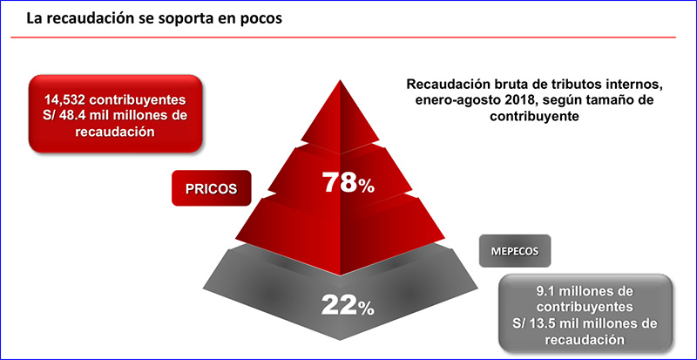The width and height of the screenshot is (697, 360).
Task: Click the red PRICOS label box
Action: point(212,187)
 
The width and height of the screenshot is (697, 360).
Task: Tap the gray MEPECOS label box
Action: point(515,251)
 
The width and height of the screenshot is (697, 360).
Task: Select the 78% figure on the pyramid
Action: point(348,183)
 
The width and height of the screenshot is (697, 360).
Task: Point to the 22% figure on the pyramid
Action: point(348,305)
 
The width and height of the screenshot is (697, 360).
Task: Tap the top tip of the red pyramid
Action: point(341,80)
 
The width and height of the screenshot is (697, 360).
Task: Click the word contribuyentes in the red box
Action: point(133,99)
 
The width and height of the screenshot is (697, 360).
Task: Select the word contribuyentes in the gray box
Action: point(585,308)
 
